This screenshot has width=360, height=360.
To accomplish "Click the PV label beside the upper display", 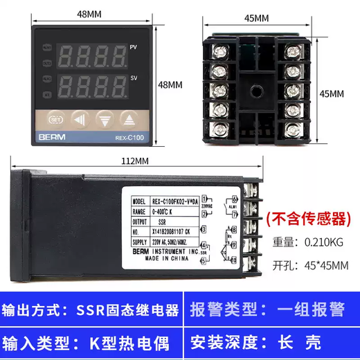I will (x=133, y=48).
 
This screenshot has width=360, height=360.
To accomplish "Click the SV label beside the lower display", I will (x=133, y=80).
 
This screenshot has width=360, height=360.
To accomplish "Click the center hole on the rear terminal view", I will (x=255, y=90).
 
